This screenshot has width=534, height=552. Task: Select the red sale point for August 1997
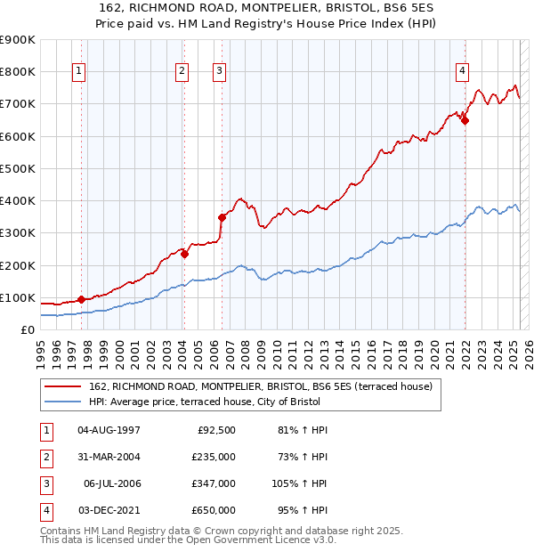click(x=81, y=300)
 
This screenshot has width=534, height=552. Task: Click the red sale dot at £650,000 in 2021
click(x=465, y=121)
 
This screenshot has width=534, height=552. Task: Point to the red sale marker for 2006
click(x=222, y=216)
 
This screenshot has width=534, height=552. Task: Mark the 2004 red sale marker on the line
click(x=185, y=254)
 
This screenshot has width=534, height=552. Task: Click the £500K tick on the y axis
click(x=17, y=168)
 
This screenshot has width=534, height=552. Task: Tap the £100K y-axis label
click(x=17, y=297)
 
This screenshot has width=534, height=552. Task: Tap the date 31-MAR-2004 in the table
click(x=109, y=457)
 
